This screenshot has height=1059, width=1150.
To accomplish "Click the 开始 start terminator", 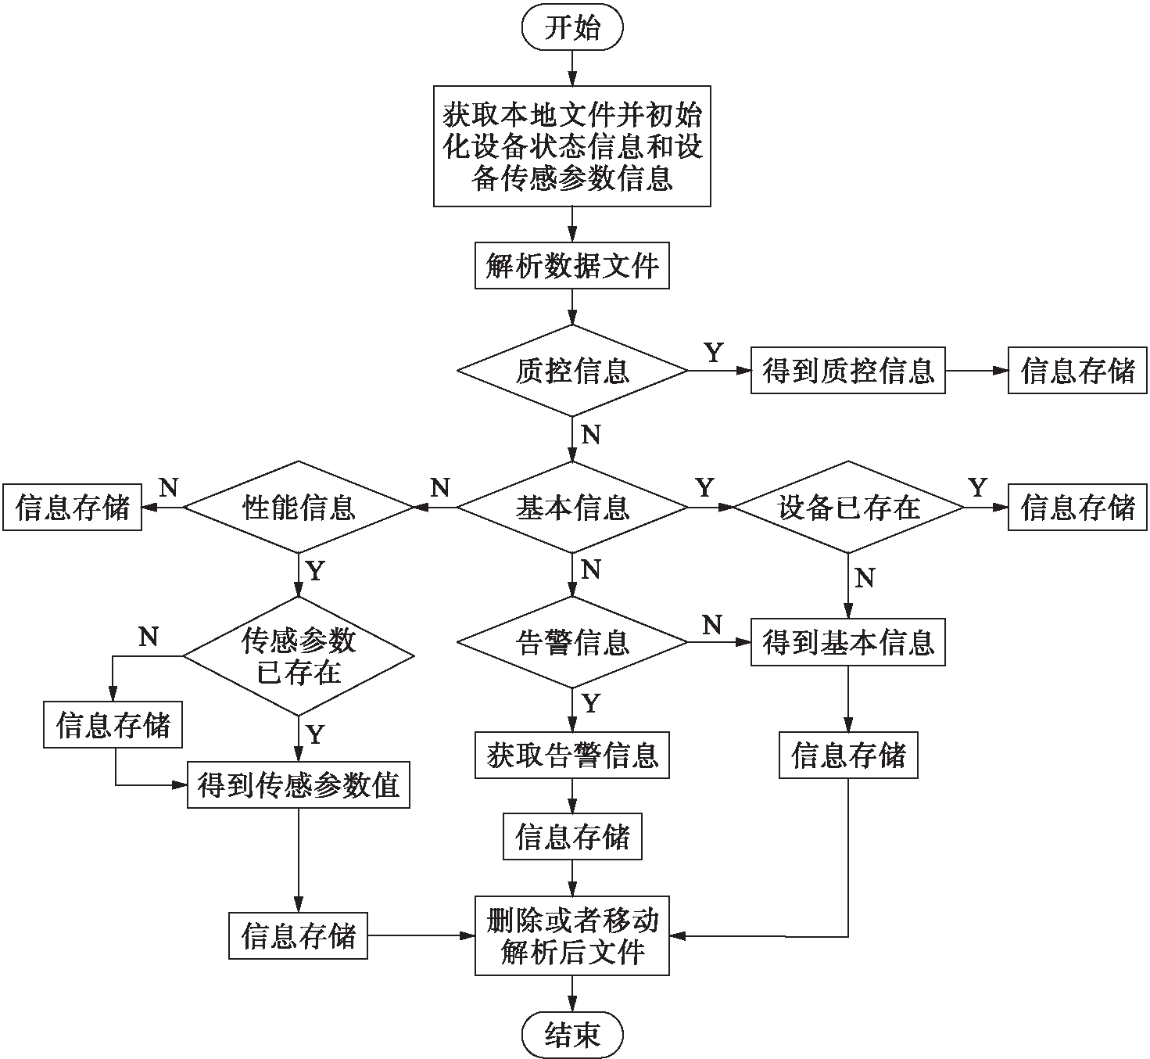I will tap(572, 28).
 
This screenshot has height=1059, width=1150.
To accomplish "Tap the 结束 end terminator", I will tap(572, 1035).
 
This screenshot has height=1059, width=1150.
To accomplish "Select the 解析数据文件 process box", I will tap(572, 267).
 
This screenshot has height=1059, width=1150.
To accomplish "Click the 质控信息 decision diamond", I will tap(572, 371).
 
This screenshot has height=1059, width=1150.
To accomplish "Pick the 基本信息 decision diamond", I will tap(572, 508).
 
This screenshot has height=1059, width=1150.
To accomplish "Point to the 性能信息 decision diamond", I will tap(299, 508).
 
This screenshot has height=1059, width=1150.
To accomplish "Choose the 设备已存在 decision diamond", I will tap(848, 508).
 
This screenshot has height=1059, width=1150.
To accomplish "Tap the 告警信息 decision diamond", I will tap(572, 642).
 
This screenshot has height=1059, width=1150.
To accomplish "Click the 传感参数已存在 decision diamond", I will tap(299, 655).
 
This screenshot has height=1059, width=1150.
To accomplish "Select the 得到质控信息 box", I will tap(848, 371).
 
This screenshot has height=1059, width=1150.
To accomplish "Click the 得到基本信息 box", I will tap(848, 642).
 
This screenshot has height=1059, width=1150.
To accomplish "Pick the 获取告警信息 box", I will tap(572, 755).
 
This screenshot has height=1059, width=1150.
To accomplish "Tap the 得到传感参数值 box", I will tap(299, 784).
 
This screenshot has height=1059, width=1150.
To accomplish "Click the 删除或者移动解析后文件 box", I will tap(572, 936).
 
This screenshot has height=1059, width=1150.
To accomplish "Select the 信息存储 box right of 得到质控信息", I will tap(1077, 371).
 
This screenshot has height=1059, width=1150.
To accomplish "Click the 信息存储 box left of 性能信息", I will tap(72, 508).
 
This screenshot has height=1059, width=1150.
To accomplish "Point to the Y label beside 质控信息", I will tap(713, 353).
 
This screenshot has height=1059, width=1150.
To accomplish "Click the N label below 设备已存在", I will tap(864, 578).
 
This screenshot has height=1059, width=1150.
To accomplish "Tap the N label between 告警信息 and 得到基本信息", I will tap(711, 625).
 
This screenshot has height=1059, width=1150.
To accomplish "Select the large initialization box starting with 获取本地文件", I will tap(572, 146).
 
